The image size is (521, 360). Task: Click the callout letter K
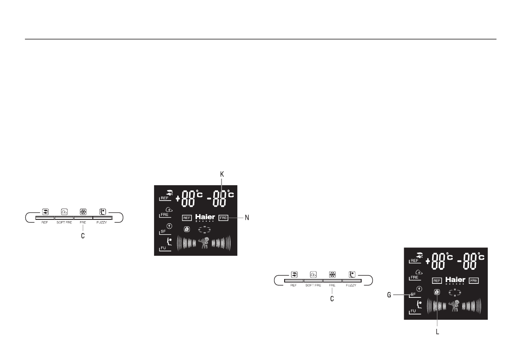(x=222, y=174)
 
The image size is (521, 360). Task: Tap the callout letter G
(x=388, y=295)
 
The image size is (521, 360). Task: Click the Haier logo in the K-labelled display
(x=205, y=217)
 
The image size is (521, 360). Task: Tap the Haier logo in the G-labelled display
(x=455, y=280)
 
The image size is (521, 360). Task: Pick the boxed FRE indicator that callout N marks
(x=224, y=217)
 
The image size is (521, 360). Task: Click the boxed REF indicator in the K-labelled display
(x=187, y=218)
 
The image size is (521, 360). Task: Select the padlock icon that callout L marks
(x=437, y=292)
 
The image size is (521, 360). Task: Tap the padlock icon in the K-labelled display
(x=187, y=229)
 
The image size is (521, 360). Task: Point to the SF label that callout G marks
(x=413, y=294)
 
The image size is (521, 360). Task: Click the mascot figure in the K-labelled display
(x=204, y=243)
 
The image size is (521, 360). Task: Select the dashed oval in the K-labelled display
(x=204, y=229)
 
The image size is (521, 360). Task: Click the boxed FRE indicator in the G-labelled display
(x=473, y=280)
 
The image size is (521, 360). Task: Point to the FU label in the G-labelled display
(x=413, y=311)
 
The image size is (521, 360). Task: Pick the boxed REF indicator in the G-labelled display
(x=437, y=280)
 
